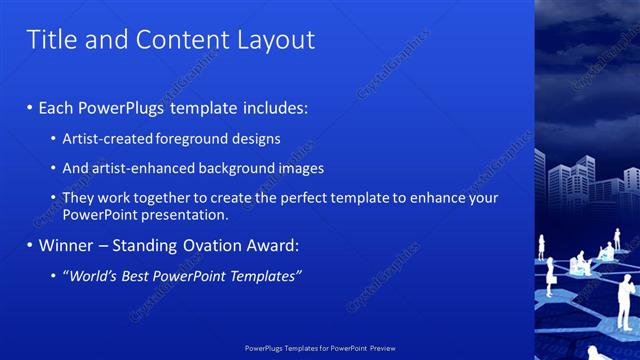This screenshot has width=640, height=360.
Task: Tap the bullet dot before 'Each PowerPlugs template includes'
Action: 30,107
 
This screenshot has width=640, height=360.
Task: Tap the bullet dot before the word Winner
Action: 30,245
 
